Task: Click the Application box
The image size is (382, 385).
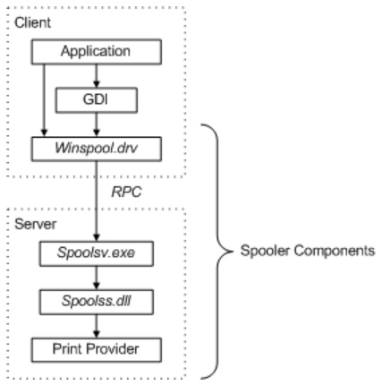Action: pyautogui.click(x=97, y=52)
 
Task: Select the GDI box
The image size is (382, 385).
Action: pyautogui.click(x=97, y=100)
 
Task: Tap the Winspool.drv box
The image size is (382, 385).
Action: pyautogui.click(x=97, y=149)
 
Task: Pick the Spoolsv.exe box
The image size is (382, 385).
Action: pyautogui.click(x=97, y=253)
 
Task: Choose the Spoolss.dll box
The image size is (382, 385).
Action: pyautogui.click(x=97, y=302)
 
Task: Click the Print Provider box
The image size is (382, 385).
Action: pyautogui.click(x=97, y=350)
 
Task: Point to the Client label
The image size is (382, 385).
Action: pyautogui.click(x=32, y=22)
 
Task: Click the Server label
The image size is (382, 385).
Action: pyautogui.click(x=35, y=224)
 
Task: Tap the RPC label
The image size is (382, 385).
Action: pyautogui.click(x=126, y=192)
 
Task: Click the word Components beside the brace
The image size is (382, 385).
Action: pyautogui.click(x=335, y=251)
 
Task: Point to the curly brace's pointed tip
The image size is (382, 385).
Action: pyautogui.click(x=233, y=252)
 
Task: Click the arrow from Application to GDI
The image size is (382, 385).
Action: pyautogui.click(x=96, y=76)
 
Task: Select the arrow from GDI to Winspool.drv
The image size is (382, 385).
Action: pyautogui.click(x=96, y=124)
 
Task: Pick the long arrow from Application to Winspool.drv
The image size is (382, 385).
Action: pyautogui.click(x=44, y=100)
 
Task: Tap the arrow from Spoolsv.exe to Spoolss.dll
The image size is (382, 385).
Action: pyautogui.click(x=96, y=278)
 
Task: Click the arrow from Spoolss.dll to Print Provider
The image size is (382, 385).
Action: pyautogui.click(x=96, y=326)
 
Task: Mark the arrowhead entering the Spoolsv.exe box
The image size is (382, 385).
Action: pyautogui.click(x=96, y=238)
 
